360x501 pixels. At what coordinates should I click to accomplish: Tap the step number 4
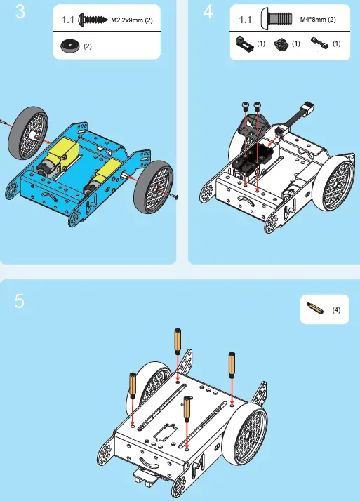pos(208,13)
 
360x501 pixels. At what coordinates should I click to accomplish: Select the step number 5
pos(20,300)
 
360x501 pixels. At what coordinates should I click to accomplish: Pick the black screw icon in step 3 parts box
pos(93,20)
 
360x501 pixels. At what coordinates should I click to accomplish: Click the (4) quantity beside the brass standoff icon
pos(336,309)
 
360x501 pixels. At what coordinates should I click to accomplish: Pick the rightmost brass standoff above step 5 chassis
pos(230,366)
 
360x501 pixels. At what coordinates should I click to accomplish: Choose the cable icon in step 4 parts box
pos(321,44)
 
